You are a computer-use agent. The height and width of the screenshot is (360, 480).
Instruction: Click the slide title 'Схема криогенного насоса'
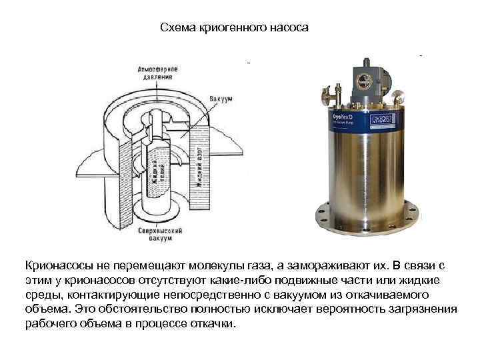pos(235,29)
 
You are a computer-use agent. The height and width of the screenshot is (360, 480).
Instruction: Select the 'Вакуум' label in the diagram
pos(221,99)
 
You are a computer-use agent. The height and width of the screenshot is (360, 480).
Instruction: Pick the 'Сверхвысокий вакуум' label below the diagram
pos(155,233)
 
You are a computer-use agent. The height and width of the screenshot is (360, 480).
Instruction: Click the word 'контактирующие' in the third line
pos(105,295)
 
